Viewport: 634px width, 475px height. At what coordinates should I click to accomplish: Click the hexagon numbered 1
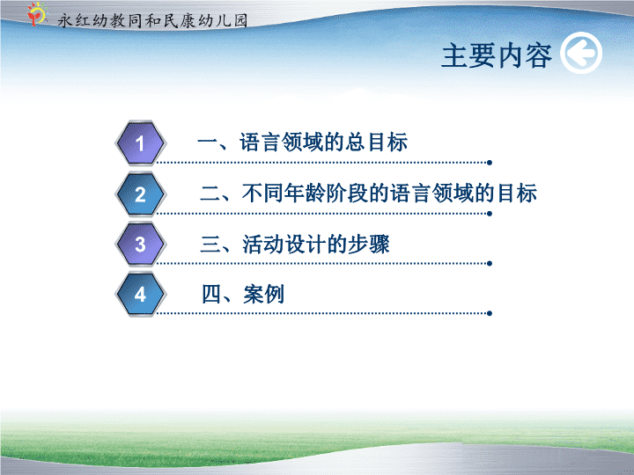coord(140,143)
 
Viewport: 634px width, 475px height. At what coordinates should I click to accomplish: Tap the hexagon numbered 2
coord(140,194)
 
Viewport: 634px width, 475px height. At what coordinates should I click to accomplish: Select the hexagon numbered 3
coord(140,245)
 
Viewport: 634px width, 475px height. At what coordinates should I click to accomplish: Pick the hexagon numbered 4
coord(140,294)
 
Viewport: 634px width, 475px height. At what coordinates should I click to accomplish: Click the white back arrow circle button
coord(581,53)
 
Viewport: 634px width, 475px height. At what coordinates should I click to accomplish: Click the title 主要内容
coord(497,55)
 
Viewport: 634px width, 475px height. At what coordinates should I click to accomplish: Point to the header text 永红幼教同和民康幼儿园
coord(152,20)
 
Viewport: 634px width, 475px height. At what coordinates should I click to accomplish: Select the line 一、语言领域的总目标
coord(302,142)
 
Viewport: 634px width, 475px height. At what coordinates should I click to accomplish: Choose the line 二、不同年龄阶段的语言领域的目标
coord(368,193)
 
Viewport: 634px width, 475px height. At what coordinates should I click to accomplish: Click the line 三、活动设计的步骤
coord(295,244)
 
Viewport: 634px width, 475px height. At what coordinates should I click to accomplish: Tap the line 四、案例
coord(243,294)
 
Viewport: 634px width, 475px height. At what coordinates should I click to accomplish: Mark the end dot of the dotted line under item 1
coord(490,163)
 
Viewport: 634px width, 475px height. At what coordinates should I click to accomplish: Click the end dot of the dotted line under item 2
coord(490,214)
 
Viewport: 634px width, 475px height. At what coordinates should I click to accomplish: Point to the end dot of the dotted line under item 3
coord(490,264)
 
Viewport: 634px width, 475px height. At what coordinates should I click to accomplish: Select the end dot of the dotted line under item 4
coord(490,313)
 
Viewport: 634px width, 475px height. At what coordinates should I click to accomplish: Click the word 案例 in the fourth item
coord(263,294)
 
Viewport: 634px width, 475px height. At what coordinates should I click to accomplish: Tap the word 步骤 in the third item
coord(369,244)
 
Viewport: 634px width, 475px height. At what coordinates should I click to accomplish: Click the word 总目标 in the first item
coord(376,142)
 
